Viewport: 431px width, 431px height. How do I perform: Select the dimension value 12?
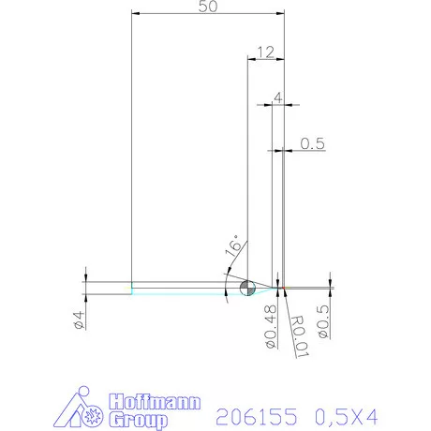(263, 52)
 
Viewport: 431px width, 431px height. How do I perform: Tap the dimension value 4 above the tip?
(277, 97)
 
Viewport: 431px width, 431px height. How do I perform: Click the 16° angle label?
(233, 245)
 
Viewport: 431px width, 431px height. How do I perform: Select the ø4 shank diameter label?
(80, 319)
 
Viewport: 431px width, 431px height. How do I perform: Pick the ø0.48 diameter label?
(269, 323)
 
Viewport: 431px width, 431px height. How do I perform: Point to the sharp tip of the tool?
(282, 287)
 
